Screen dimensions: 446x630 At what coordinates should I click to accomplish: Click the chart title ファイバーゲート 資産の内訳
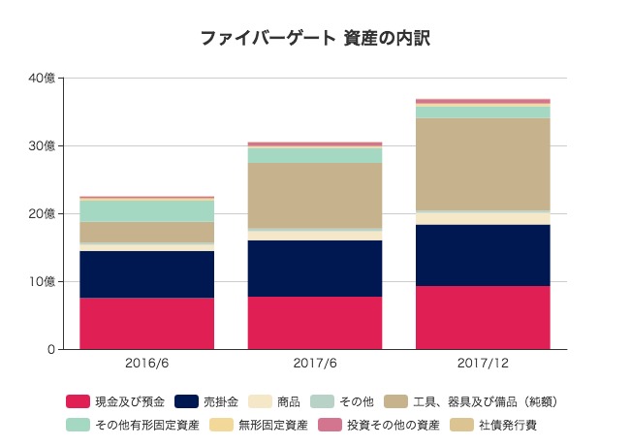(315, 38)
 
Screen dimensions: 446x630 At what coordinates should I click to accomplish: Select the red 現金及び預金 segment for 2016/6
(146, 323)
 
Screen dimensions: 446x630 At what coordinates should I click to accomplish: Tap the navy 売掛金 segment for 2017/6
(315, 269)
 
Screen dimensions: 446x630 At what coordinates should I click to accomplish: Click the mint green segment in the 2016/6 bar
(146, 210)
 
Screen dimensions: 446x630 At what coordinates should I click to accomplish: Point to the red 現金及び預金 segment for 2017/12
(483, 317)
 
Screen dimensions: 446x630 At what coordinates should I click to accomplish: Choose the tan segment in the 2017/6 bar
(315, 195)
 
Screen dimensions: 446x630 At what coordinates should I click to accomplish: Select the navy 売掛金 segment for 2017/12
(483, 255)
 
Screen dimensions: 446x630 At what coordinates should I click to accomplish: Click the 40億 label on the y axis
(42, 79)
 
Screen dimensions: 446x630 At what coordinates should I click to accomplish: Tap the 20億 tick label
(42, 213)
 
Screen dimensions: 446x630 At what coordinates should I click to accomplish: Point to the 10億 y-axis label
(42, 281)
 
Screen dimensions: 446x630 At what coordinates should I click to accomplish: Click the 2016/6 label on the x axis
(146, 364)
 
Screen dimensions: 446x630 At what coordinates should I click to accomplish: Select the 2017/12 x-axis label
(483, 364)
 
